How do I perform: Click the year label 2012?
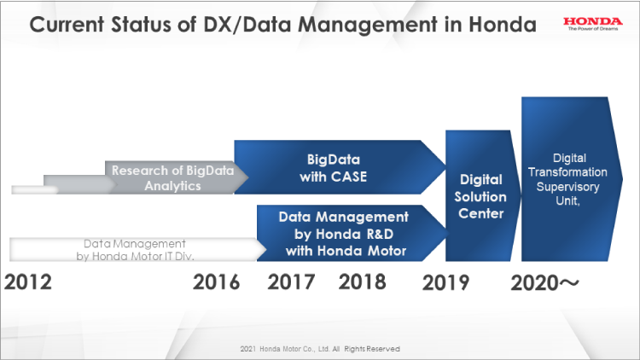(x=28, y=282)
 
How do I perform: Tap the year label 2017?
(x=291, y=282)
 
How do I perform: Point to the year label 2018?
(x=363, y=282)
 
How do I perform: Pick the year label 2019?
(x=445, y=282)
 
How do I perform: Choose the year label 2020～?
(x=544, y=283)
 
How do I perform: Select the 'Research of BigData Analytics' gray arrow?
(x=161, y=177)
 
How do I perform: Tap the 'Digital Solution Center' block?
(x=482, y=196)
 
